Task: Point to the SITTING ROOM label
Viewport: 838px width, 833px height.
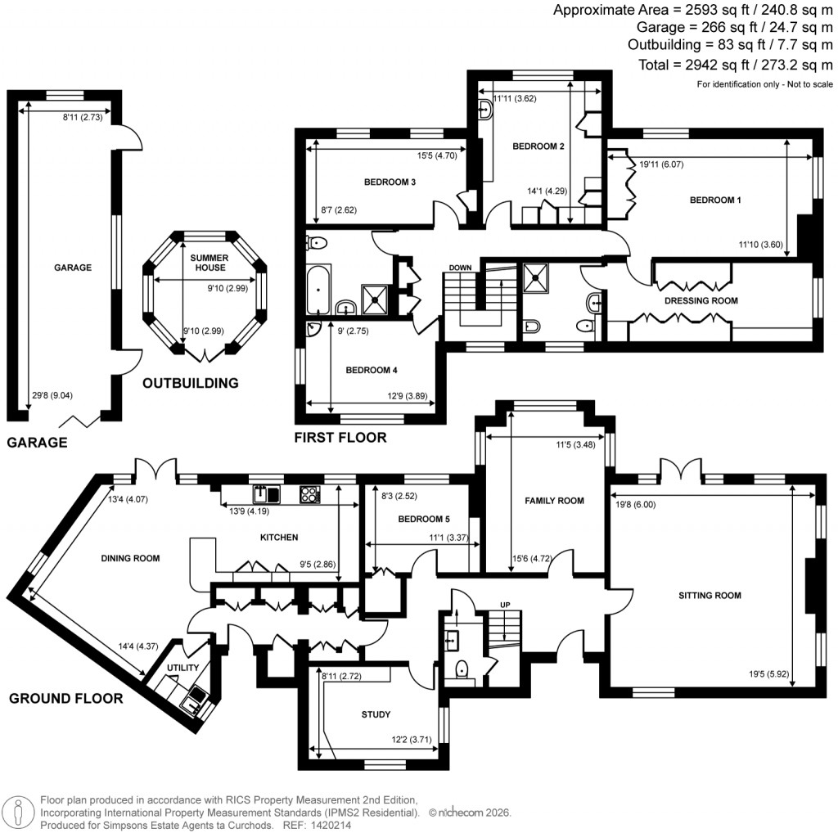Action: point(710,595)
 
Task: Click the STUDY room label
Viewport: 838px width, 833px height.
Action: point(376,714)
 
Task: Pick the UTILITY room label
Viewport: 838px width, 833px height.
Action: point(183,668)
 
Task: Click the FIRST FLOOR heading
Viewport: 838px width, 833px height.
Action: point(340,438)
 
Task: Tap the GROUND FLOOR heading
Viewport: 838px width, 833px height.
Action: point(65,698)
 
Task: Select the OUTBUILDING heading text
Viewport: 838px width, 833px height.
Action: point(190,383)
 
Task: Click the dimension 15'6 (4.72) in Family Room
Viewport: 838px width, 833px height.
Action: point(531,559)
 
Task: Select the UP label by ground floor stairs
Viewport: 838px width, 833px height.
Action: point(505,606)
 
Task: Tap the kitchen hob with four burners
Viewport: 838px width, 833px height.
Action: point(311,493)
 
